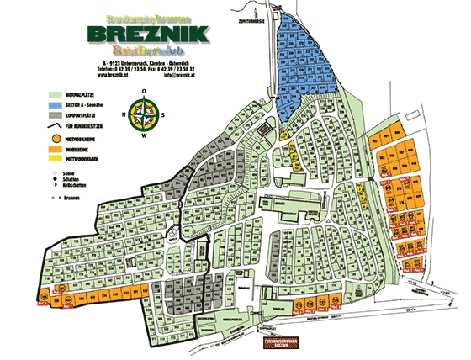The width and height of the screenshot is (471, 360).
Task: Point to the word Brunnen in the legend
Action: (x=73, y=195)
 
